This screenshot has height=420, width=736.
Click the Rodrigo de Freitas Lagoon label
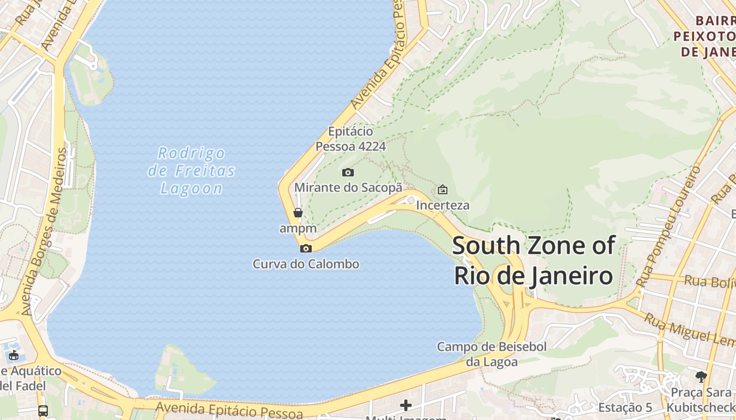tap(191, 171)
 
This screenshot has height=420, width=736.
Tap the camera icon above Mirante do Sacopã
tap(347, 172)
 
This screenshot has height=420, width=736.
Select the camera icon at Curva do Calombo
tap(305, 248)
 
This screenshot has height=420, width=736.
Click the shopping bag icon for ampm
tap(298, 213)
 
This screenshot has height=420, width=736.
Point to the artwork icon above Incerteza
tap(443, 190)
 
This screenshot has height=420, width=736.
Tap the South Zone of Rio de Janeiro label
tap(534, 260)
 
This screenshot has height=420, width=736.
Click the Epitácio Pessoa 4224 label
tap(351, 139)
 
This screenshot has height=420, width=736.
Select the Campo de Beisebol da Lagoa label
tap(492, 354)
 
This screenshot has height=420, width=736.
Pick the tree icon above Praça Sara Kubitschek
tap(701, 376)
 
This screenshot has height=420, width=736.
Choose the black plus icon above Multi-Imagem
tap(405, 405)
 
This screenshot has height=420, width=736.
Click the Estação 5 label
tap(625, 407)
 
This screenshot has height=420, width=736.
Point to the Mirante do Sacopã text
tap(348, 187)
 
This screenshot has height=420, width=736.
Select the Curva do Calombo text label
tap(306, 264)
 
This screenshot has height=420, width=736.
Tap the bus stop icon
tap(43, 411)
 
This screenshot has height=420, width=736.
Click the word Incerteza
tap(443, 205)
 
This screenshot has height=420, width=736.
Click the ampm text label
tap(298, 228)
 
